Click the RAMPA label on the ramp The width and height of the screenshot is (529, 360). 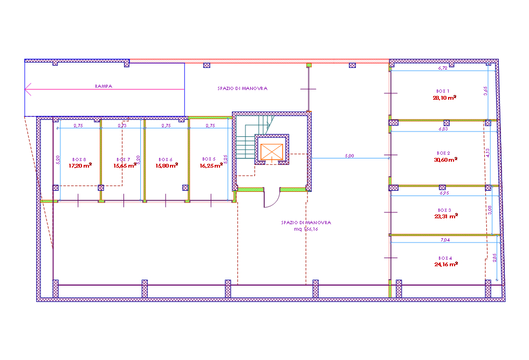(104, 86)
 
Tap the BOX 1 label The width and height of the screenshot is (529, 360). (443, 91)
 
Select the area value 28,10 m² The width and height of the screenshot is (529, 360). (445, 98)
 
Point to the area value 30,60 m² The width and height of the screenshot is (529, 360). (445, 160)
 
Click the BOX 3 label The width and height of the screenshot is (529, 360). (444, 210)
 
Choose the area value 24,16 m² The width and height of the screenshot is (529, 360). (445, 265)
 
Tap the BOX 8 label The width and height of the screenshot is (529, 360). (79, 159)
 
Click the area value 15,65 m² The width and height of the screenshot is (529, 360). (125, 166)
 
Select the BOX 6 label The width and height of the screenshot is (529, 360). (166, 159)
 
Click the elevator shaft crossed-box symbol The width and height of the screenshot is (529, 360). (271, 150)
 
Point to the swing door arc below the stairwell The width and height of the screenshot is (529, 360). (272, 199)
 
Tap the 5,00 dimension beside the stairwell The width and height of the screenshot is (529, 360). (349, 156)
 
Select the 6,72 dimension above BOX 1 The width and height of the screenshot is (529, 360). (443, 68)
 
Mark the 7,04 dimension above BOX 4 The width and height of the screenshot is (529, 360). (444, 239)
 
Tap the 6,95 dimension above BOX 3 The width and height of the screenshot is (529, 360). (444, 192)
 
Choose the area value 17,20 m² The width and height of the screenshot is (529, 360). (80, 166)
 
